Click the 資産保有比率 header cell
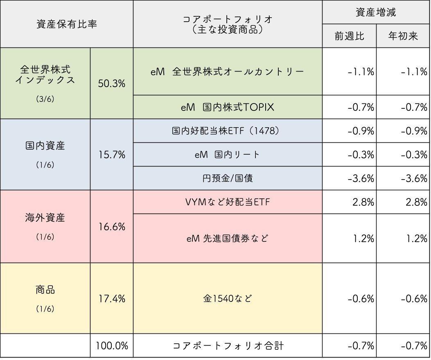pyautogui.click(x=67, y=24)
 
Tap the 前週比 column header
pyautogui.click(x=349, y=36)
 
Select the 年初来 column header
pyautogui.click(x=403, y=36)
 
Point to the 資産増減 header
pyautogui.click(x=376, y=12)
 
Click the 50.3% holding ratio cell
pyautogui.click(x=112, y=83)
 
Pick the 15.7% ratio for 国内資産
pyautogui.click(x=112, y=155)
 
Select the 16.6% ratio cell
pyautogui.click(x=112, y=226)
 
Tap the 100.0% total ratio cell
pyautogui.click(x=112, y=346)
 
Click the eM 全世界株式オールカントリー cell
pyautogui.click(x=228, y=72)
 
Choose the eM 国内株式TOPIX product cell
pyautogui.click(x=228, y=107)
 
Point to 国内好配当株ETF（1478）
pyautogui.click(x=228, y=131)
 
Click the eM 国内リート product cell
pyautogui.click(x=228, y=155)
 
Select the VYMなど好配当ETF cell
pyautogui.click(x=228, y=202)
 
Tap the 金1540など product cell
pyautogui.click(x=228, y=298)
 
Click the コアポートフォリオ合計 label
pyautogui.click(x=228, y=346)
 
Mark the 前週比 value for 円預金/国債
pyautogui.click(x=361, y=178)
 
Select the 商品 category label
pyautogui.click(x=45, y=290)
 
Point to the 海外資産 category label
pyautogui.click(x=45, y=218)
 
